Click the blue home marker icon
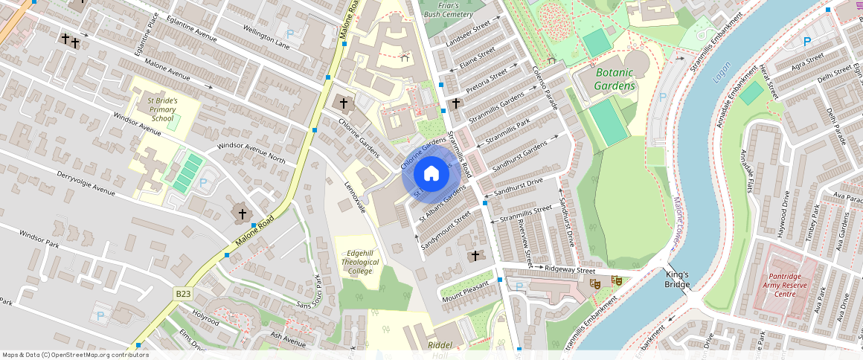(x=431, y=174)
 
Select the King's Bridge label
(x=677, y=279)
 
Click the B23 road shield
(x=183, y=295)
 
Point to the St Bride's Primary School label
(x=161, y=109)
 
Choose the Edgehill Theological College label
(x=359, y=262)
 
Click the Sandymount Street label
(x=446, y=230)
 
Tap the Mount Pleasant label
(x=466, y=290)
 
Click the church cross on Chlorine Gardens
(x=343, y=103)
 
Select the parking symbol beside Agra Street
(x=807, y=42)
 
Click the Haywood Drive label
(x=782, y=214)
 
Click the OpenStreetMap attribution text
(x=75, y=355)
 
